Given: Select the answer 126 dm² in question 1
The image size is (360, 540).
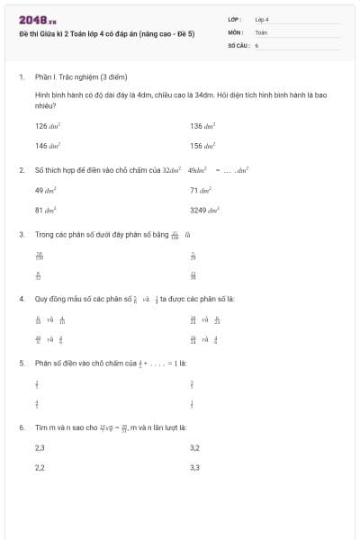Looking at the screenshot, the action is pos(48,126).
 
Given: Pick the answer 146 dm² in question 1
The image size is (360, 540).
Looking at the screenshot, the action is pos(48,145).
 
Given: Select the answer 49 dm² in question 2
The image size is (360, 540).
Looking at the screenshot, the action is pos(46,190).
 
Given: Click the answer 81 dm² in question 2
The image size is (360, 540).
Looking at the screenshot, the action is pos(46,210).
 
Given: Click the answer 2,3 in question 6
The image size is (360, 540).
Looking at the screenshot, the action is pos(40,447).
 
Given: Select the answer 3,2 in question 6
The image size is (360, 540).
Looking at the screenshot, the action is pos(194,447).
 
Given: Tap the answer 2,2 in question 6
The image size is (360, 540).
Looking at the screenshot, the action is pos(40,467).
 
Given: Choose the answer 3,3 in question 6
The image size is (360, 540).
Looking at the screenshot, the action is pos(194,467).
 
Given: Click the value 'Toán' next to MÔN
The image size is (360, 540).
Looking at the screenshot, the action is pos(261,31).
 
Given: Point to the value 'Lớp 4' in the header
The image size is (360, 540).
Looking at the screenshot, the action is pos(262,19).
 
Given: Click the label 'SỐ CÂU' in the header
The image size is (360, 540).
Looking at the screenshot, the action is pos(238,44).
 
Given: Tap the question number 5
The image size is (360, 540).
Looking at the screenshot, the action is pos(21,364).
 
